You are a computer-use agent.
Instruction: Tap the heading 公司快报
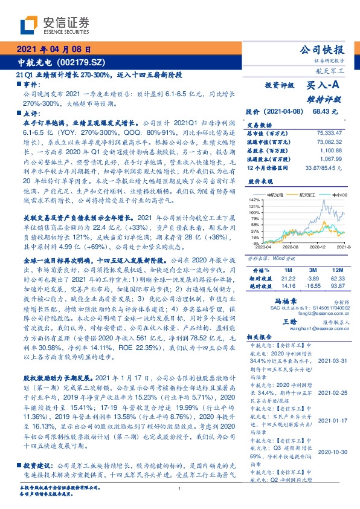click(x=326, y=50)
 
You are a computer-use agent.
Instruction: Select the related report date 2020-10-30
click(x=333, y=451)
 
